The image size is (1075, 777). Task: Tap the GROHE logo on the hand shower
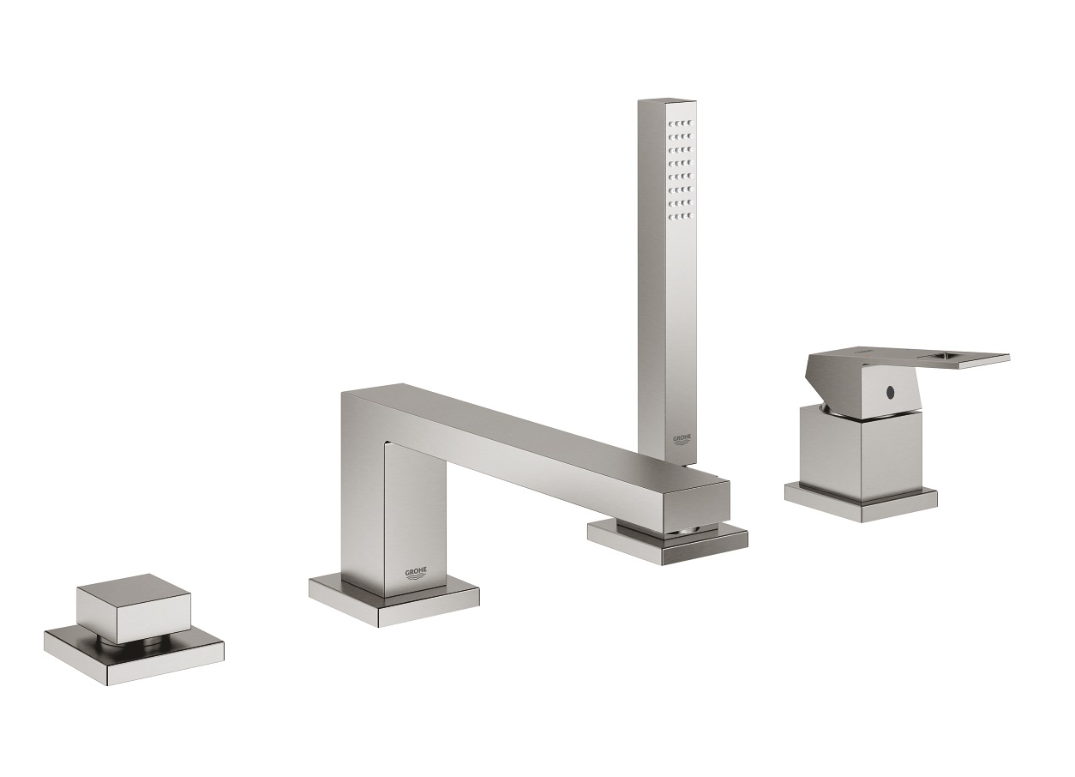tap(682, 440)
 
